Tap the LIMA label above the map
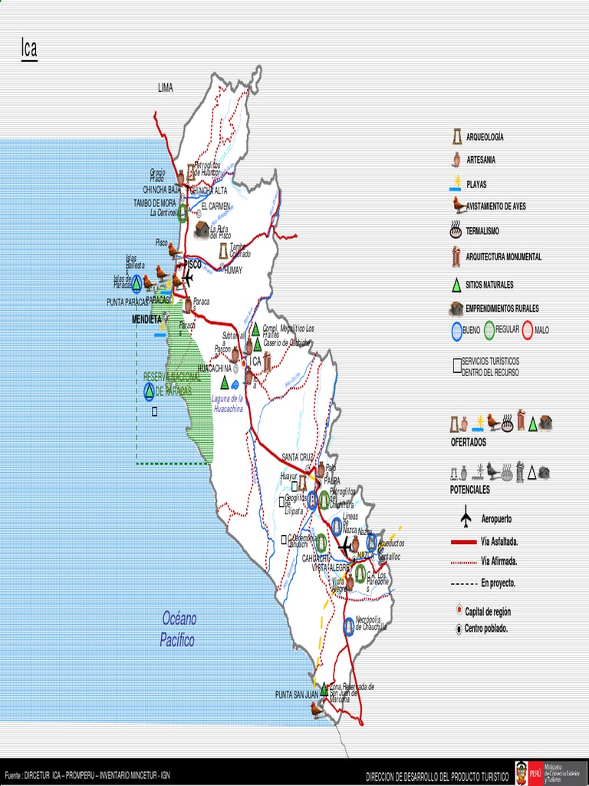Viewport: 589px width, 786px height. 166,88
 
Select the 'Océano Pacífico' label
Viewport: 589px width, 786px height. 178,629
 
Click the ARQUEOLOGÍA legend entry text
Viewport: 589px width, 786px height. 485,137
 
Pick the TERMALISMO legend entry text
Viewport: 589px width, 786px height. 482,231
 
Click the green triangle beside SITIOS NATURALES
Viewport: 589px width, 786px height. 456,285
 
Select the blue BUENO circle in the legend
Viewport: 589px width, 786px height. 456,331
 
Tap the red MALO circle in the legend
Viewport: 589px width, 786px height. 528,331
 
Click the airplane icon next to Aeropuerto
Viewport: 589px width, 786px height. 466,519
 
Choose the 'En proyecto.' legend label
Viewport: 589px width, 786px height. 499,583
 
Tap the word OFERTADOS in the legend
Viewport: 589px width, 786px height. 468,443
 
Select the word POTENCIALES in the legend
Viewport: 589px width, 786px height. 469,490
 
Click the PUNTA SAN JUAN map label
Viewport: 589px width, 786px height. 296,695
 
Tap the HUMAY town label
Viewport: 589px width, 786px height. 233,270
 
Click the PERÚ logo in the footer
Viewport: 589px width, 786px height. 523,772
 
